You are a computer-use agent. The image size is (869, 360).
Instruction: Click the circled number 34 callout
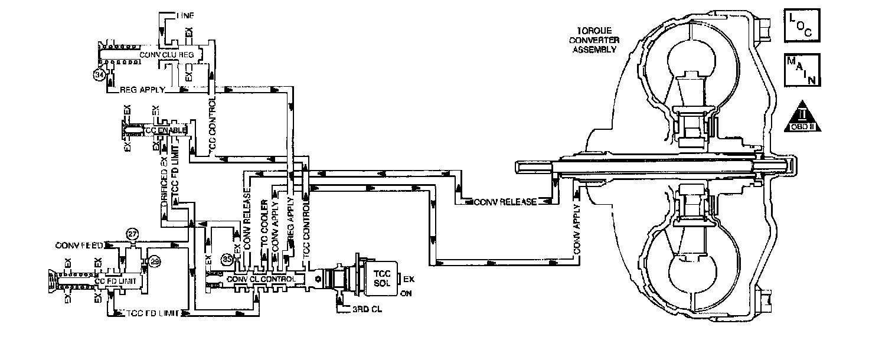coord(99,74)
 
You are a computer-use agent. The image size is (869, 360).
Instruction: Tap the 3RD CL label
coord(360,308)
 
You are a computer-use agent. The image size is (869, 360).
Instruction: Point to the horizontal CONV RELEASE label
coord(506,202)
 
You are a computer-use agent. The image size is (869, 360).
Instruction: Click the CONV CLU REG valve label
coord(166,54)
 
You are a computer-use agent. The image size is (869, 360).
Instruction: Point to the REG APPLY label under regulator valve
coord(142,90)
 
